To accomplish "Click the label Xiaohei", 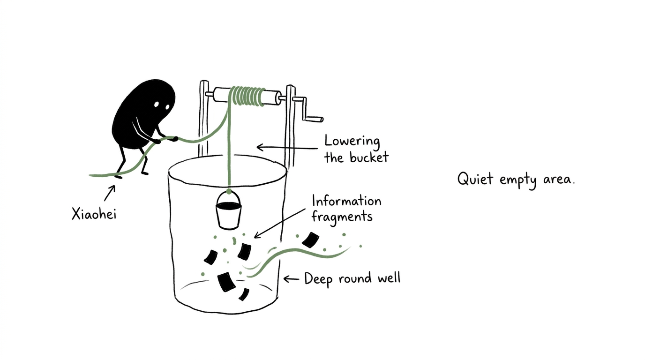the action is point(94,214).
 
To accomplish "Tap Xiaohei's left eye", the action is point(156,104).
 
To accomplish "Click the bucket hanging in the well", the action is point(229,210).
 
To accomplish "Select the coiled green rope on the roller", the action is point(247,97).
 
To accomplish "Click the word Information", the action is point(347,201).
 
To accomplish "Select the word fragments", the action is point(342,217).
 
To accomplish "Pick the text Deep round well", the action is point(352,279).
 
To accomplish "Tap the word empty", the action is point(518,180).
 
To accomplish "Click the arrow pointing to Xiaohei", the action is point(110,193).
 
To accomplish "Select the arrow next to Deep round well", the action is point(292,279).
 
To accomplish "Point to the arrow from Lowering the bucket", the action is point(287,148).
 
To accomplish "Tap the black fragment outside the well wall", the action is point(310,240).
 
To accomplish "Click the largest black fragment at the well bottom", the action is point(226,282).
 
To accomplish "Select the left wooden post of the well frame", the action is point(203,119).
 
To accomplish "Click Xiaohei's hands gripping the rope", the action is point(166,140).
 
